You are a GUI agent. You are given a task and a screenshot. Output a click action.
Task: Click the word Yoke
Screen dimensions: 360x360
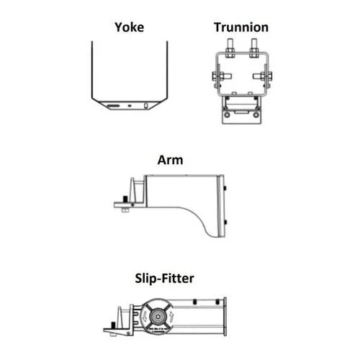pyautogui.click(x=130, y=27)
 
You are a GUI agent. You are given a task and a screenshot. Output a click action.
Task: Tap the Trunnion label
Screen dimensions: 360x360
pyautogui.click(x=241, y=27)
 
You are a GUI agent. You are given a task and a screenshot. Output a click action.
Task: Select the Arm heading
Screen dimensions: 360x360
pyautogui.click(x=170, y=160)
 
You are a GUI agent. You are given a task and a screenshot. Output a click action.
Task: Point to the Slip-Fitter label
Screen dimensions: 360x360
pyautogui.click(x=164, y=279)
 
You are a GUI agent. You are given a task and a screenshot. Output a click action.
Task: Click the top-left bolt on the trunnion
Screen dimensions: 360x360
pyautogui.click(x=230, y=48)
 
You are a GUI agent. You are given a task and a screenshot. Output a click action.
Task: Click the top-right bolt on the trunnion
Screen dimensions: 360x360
pyautogui.click(x=254, y=48)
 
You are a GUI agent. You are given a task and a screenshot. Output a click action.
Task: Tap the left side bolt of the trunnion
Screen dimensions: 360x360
pyautogui.click(x=222, y=76)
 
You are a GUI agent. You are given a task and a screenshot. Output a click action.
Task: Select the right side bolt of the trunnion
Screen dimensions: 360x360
pyautogui.click(x=263, y=76)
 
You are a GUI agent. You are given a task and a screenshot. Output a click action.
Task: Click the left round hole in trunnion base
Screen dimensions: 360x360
pyautogui.click(x=227, y=114)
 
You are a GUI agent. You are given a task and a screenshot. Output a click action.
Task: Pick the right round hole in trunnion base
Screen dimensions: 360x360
pyautogui.click(x=256, y=114)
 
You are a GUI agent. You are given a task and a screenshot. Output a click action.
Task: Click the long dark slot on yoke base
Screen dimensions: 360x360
pyautogui.click(x=113, y=106)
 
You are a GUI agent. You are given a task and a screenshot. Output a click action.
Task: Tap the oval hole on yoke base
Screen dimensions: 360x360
pyautogui.click(x=145, y=106)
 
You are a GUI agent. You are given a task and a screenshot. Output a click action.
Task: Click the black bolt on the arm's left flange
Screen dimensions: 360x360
pyautogui.click(x=125, y=199)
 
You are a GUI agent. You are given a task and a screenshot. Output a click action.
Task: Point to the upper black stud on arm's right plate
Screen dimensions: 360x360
pyautogui.click(x=225, y=188)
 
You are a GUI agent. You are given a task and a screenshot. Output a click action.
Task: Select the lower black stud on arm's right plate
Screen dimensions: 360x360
pyautogui.click(x=225, y=222)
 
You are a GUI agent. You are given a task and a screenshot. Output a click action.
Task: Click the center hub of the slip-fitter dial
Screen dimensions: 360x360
pyautogui.click(x=158, y=317)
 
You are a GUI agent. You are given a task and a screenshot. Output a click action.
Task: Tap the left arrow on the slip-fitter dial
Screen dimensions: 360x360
pyautogui.click(x=145, y=317)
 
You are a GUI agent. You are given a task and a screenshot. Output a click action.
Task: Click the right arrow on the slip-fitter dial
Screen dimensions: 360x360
pyautogui.click(x=171, y=317)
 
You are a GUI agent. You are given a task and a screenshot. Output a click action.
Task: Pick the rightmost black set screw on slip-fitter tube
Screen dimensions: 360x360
pyautogui.click(x=217, y=302)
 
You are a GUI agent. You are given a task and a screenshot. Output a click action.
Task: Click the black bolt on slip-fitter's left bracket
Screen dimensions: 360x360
pyautogui.click(x=113, y=325)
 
